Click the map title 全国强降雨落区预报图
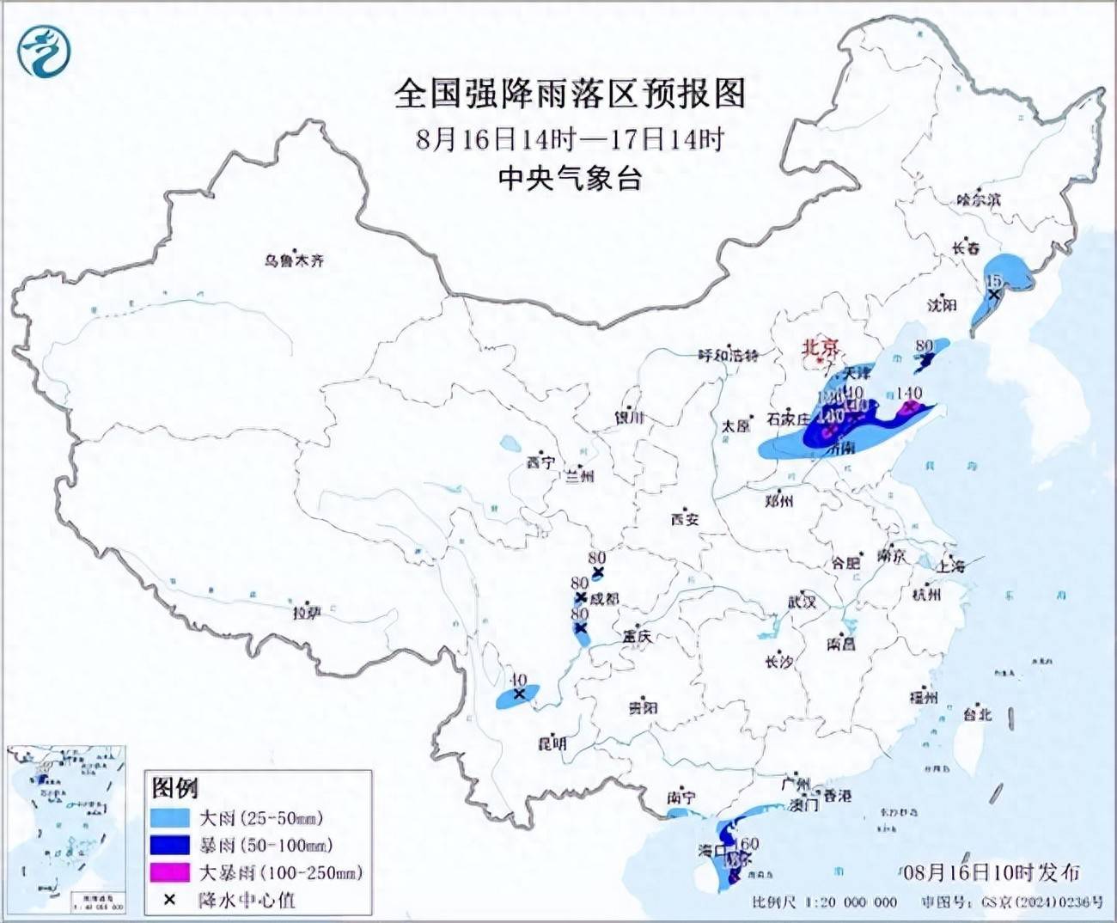click(x=570, y=93)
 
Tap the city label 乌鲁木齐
click(x=294, y=260)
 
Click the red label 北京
click(x=820, y=347)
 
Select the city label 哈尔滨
click(x=979, y=199)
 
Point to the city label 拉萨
click(x=307, y=613)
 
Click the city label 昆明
click(x=552, y=743)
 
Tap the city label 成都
click(x=604, y=598)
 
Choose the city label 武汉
click(x=802, y=602)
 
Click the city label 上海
click(x=951, y=565)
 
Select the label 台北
click(x=977, y=714)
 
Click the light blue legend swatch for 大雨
click(x=169, y=817)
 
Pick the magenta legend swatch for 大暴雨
click(x=169, y=872)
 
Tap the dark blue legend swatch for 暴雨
click(x=169, y=845)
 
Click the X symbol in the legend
click(x=169, y=900)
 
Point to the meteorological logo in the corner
click(x=44, y=51)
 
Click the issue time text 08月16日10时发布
click(x=992, y=872)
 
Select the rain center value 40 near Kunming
click(x=517, y=681)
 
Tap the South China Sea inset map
click(x=67, y=829)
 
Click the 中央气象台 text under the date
click(x=570, y=178)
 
